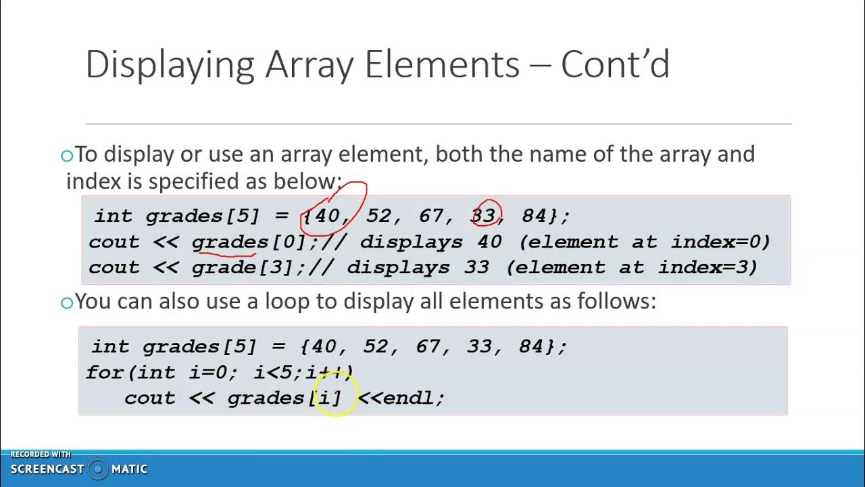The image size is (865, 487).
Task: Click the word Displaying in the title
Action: (170, 66)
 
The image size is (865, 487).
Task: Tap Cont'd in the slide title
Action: (615, 66)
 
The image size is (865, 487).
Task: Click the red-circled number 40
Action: (327, 216)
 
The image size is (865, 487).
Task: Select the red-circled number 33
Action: (484, 216)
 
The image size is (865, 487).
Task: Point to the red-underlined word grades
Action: (230, 242)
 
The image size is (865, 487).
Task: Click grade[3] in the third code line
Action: (243, 268)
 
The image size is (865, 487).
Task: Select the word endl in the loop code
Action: (408, 398)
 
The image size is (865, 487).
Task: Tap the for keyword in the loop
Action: (104, 372)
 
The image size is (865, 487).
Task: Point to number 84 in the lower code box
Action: (532, 346)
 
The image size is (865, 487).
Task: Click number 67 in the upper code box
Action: (430, 216)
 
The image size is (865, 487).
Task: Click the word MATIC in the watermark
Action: (129, 469)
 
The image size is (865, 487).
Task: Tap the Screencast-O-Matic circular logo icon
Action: (98, 469)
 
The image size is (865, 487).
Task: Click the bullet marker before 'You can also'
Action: (66, 302)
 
